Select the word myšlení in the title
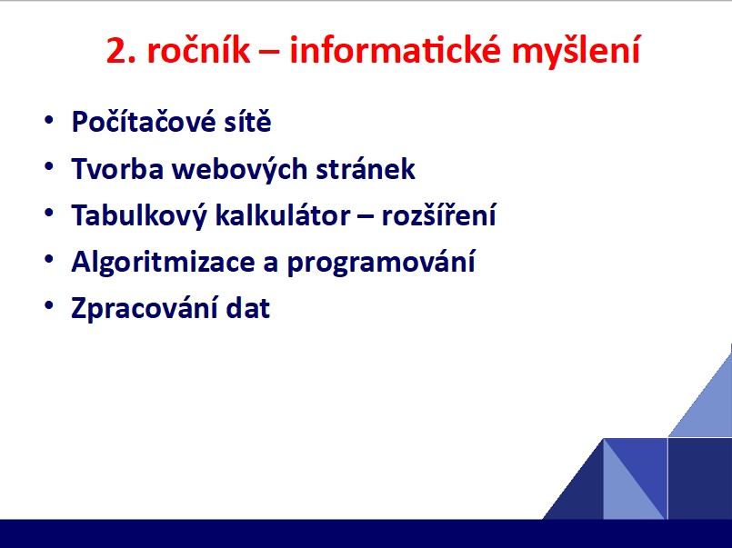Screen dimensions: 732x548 click(577, 52)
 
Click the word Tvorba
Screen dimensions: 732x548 click(117, 168)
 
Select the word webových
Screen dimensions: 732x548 click(239, 169)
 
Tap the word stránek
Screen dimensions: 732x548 click(366, 168)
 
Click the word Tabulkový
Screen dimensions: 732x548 click(138, 216)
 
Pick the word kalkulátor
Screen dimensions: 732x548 click(283, 214)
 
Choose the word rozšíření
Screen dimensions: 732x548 click(439, 214)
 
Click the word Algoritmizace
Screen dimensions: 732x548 click(163, 263)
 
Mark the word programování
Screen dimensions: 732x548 click(381, 263)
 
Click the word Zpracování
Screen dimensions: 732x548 click(144, 309)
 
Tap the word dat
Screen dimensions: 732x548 click(248, 308)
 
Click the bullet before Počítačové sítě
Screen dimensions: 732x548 click(49, 120)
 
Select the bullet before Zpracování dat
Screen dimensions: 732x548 click(49, 305)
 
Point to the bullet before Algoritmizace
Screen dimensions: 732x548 click(49, 259)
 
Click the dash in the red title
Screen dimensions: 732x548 click(269, 54)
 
